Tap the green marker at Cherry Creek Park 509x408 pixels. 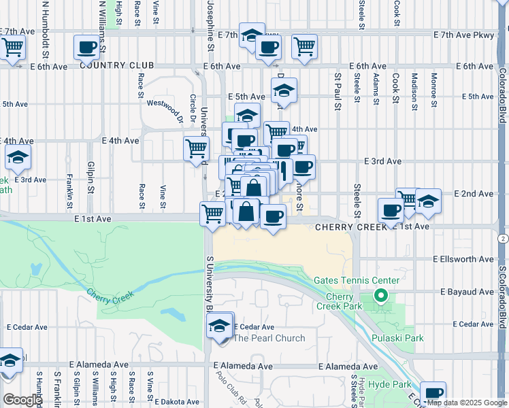tap(381, 296)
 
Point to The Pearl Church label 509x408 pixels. tap(269, 338)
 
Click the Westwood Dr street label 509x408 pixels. tap(166, 111)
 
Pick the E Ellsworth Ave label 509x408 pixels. tap(463, 259)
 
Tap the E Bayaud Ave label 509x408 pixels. tap(466, 292)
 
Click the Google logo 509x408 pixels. tap(22, 400)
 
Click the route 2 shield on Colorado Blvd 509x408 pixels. tap(502, 239)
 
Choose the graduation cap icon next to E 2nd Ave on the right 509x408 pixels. tap(428, 201)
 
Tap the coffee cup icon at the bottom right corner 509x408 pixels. tap(433, 393)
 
